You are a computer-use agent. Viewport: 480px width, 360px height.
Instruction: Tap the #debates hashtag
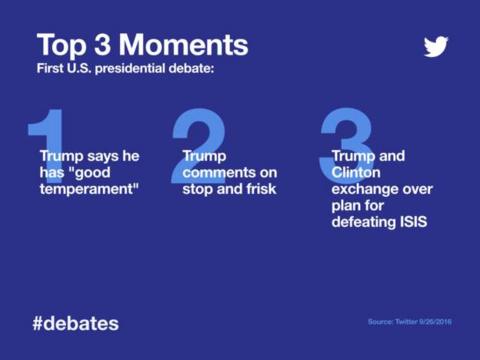click(x=75, y=323)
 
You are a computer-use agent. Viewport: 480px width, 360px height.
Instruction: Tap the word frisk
click(x=254, y=189)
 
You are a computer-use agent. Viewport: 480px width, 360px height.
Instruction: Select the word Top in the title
click(x=60, y=45)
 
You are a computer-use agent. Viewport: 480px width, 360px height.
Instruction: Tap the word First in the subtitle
click(x=51, y=70)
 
